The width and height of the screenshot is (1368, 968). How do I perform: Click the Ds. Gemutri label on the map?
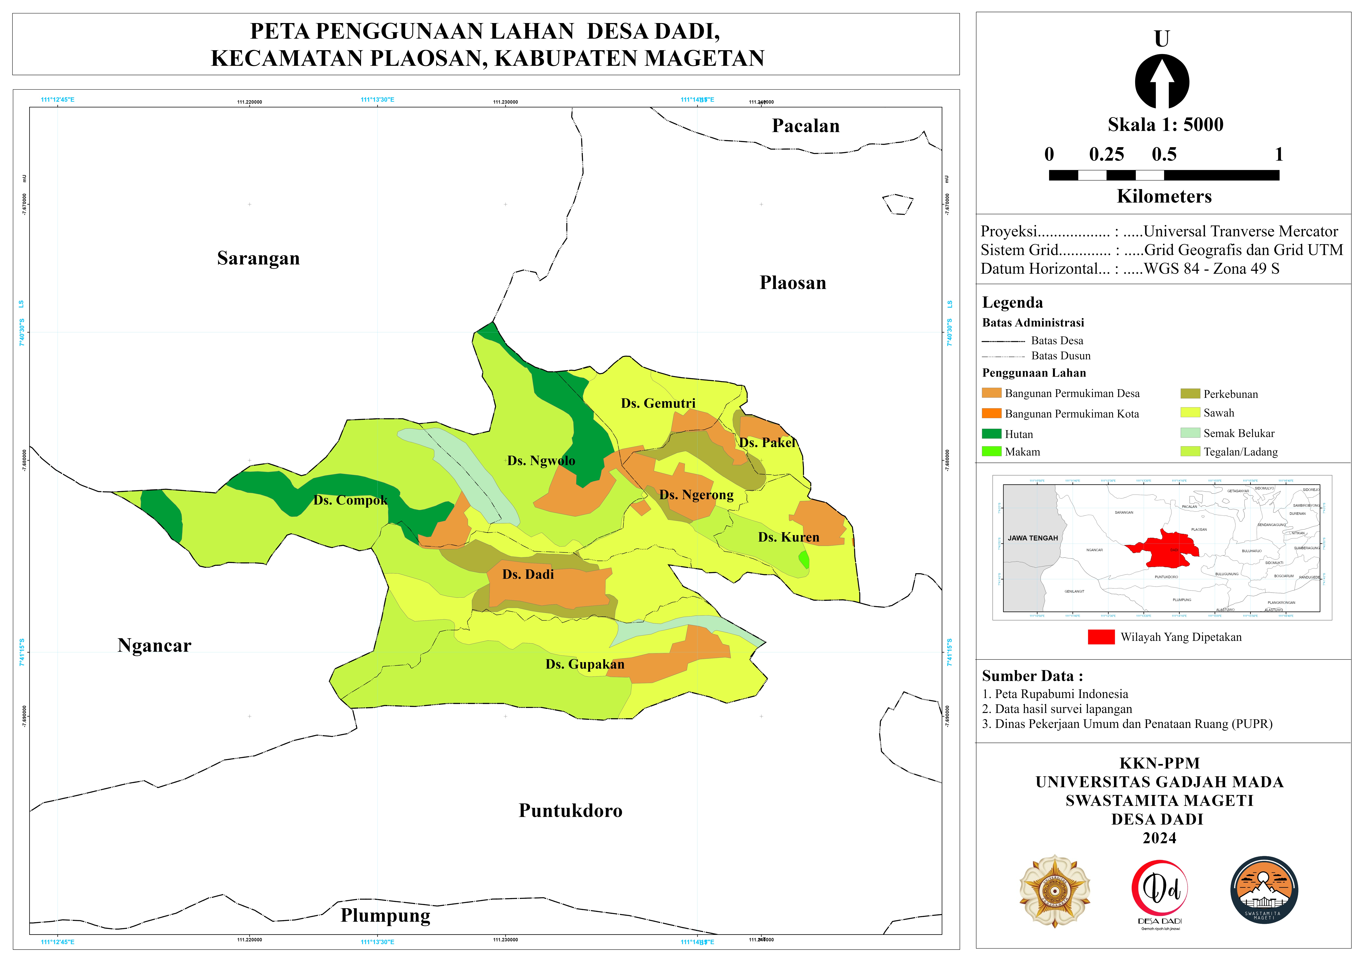658,404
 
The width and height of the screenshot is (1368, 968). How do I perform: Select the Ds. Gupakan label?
585,665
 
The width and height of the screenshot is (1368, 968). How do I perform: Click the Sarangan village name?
258,259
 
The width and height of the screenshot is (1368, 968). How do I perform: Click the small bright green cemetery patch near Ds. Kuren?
804,560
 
